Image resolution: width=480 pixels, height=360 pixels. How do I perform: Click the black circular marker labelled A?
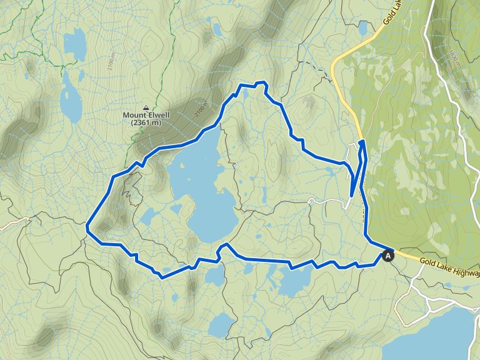point(388,255)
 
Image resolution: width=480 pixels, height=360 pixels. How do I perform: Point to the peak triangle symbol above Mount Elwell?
point(146,107)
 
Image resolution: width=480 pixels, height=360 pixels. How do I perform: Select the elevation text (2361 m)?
point(146,123)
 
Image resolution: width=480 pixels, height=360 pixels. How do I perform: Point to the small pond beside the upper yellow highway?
point(363,28)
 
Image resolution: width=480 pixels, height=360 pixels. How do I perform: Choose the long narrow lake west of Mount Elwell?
point(70,97)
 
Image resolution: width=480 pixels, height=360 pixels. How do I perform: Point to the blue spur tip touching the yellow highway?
point(362,142)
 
